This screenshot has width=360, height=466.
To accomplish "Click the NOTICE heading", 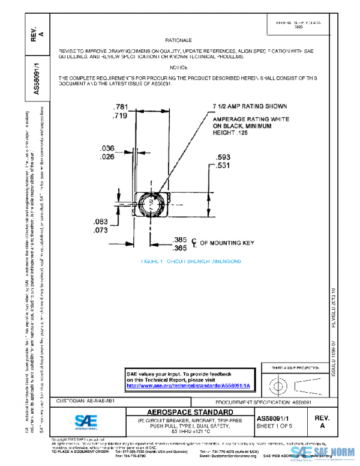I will [x=179, y=68].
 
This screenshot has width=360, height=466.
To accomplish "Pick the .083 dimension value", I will [x=100, y=222].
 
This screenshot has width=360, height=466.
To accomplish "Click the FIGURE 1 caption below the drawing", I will [x=190, y=262].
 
